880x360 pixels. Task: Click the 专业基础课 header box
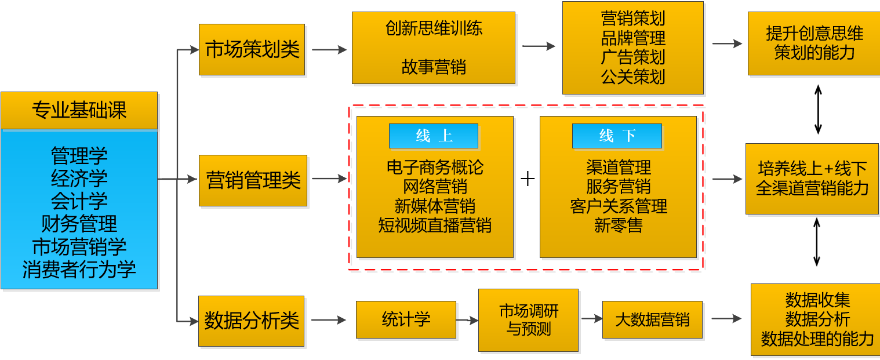[79, 110]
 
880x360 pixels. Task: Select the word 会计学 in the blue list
[79, 201]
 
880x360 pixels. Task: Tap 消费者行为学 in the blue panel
[79, 270]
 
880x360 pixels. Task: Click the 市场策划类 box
[252, 50]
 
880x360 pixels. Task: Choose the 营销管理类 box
[253, 180]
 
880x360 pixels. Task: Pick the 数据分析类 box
[251, 321]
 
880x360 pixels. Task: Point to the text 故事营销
[433, 67]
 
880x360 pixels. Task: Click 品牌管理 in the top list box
[632, 38]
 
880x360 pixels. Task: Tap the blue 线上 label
[434, 136]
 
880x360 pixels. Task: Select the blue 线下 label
[617, 136]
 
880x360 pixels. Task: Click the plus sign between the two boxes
[527, 179]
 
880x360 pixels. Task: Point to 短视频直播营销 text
[435, 226]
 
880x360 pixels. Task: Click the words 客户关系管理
[618, 206]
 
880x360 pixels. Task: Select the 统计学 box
[406, 319]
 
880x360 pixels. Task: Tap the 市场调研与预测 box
[528, 320]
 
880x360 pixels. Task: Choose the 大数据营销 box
[652, 319]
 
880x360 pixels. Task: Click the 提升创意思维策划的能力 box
[813, 43]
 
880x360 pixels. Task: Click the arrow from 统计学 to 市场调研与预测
[467, 319]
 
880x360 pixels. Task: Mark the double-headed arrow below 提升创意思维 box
[818, 109]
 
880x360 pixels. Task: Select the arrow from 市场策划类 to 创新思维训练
[329, 50]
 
